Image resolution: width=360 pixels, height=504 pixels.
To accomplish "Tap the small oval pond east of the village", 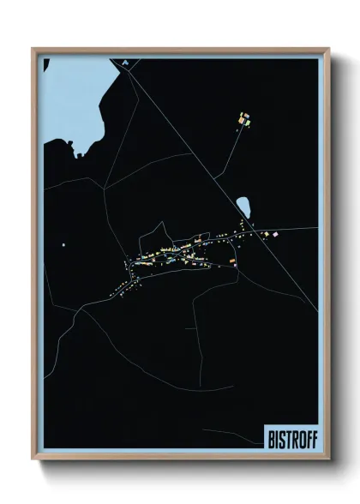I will (243, 207).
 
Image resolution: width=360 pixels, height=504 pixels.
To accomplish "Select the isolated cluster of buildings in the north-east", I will (243, 119).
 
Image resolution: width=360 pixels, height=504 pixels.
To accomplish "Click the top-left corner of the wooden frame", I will (33, 50).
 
